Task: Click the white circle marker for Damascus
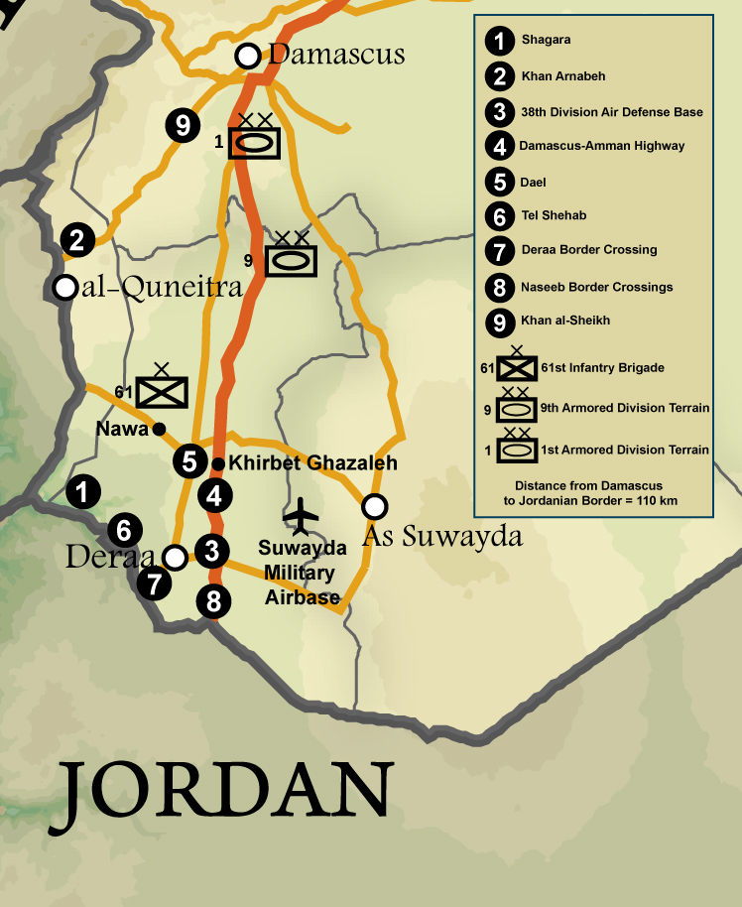247,56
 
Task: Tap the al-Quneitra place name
156,289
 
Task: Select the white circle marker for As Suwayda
374,506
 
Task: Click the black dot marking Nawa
158,429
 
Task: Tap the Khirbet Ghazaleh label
312,463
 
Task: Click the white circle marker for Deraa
175,557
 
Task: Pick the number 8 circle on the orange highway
212,600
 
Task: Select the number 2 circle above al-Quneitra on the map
77,239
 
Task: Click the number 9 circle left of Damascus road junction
182,126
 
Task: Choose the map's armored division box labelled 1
255,143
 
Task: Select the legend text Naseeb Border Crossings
596,287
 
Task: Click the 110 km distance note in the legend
595,493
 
